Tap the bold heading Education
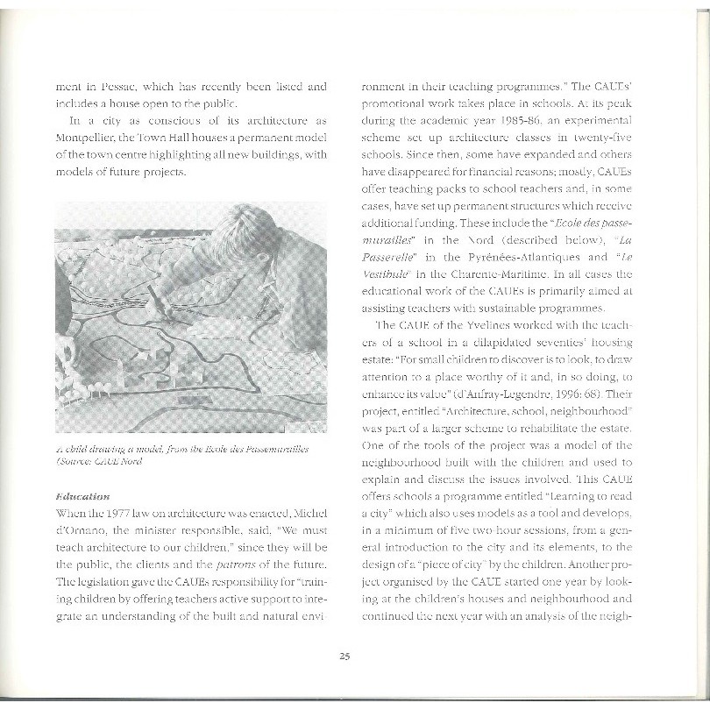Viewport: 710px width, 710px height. pyautogui.click(x=83, y=496)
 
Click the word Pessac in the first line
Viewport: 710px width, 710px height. pyautogui.click(x=112, y=88)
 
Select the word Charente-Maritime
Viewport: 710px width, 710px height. pyautogui.click(x=504, y=273)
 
